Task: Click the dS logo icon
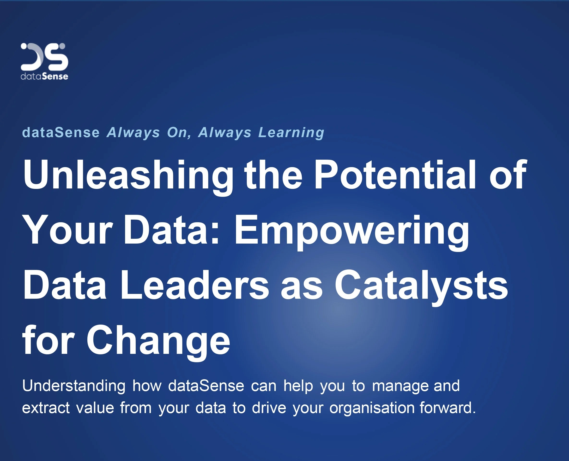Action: pos(44,57)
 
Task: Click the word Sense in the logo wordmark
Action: pos(55,76)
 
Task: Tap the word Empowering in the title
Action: pos(351,231)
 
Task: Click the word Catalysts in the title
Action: pos(421,287)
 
